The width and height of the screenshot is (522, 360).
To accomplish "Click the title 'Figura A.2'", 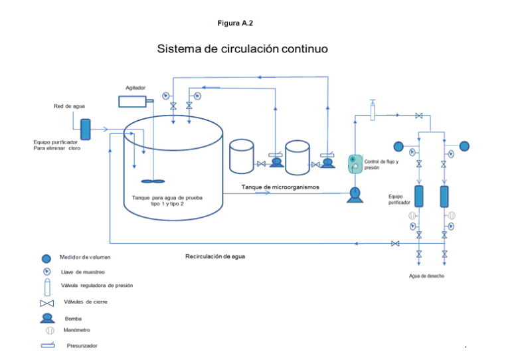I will point(235,23).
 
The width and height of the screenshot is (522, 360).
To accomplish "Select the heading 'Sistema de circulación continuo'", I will point(242,49).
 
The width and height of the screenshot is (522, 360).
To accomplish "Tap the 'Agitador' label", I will point(135,88).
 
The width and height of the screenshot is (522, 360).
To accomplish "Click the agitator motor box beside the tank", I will point(133,101).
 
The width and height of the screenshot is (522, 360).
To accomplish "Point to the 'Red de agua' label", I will point(69,106).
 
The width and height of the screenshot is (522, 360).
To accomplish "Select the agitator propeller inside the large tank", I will point(153,180).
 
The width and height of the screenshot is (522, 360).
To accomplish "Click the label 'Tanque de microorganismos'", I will point(280,187).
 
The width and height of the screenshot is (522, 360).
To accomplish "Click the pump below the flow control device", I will point(355,194).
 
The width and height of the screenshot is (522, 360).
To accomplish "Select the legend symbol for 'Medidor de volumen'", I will point(46,258).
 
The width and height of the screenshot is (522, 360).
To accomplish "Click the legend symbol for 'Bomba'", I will point(46,317).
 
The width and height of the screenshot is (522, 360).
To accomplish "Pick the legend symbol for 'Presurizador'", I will point(47,345).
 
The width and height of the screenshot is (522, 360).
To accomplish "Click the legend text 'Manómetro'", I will point(77,330).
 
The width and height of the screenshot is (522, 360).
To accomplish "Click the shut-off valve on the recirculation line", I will point(396,244).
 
